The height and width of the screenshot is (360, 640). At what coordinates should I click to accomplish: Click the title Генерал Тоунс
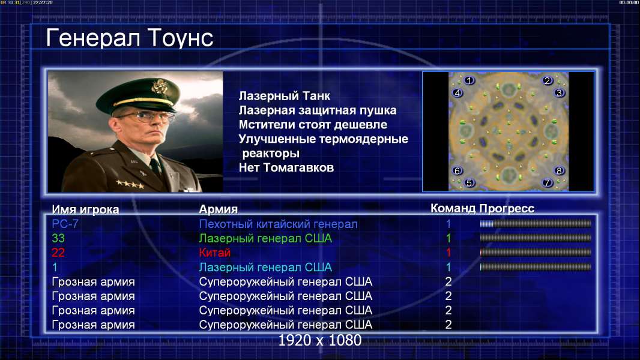[130, 38]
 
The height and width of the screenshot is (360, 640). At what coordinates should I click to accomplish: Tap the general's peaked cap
[138, 95]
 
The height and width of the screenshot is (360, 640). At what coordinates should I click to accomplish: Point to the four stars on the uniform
[130, 184]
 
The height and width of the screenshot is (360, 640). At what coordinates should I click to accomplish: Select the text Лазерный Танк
[285, 96]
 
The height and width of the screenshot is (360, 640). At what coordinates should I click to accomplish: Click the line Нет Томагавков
[286, 167]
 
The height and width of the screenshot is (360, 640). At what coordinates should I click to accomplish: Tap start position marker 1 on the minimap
[469, 80]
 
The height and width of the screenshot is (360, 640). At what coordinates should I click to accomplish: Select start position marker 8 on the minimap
[559, 170]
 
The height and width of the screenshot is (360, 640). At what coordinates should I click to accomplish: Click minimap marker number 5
[469, 182]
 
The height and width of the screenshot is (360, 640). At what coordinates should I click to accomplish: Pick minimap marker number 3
[559, 93]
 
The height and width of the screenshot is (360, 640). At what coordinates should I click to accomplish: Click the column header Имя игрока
[85, 209]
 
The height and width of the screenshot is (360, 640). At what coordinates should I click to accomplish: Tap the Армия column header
[218, 209]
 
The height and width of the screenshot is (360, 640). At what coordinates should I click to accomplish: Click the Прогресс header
[507, 208]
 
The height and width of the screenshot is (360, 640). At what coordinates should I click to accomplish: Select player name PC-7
[65, 224]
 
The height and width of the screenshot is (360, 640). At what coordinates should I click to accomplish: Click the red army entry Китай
[215, 253]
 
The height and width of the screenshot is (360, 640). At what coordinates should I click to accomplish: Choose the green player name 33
[58, 238]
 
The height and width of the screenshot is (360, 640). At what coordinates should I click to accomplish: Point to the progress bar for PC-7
[536, 223]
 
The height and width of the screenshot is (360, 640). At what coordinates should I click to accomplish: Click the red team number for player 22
[448, 253]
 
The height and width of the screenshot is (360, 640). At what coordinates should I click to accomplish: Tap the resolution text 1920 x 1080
[319, 340]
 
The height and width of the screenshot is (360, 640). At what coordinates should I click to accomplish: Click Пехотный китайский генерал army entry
[278, 224]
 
